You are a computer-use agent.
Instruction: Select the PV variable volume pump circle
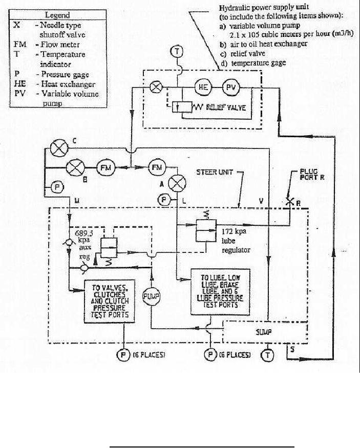click(229, 88)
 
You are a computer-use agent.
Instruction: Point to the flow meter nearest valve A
click(155, 166)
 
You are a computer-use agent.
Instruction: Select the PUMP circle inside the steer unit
click(152, 296)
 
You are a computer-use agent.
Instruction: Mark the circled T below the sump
click(267, 354)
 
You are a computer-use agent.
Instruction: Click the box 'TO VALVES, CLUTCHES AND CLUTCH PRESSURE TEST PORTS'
click(110, 302)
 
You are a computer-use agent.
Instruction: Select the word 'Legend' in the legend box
click(57, 15)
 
